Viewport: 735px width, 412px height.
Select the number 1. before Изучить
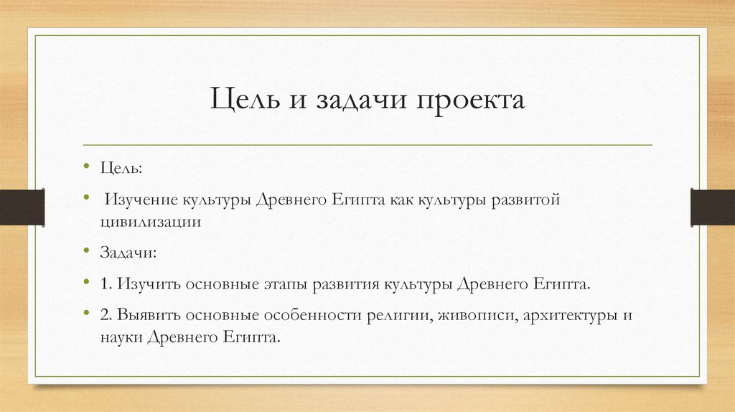[108, 284]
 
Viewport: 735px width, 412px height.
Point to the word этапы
[286, 284]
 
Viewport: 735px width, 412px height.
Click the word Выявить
[149, 315]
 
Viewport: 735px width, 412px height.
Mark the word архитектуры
[565, 315]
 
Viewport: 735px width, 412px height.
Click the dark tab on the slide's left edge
[22, 207]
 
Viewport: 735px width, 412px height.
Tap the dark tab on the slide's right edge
[713, 207]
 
